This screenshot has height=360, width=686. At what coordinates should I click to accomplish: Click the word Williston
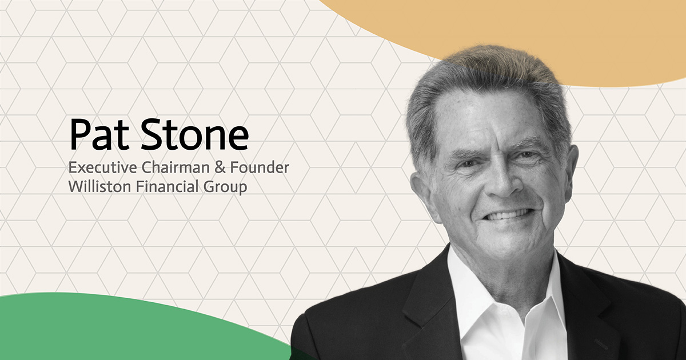click(x=95, y=187)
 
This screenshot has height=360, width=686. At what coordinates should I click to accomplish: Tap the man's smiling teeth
click(x=505, y=215)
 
